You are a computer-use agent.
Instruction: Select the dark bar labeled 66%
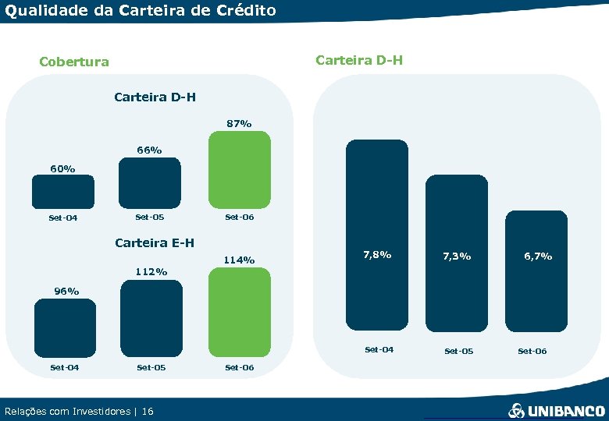coord(149,182)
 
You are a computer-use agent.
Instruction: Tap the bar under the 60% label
coord(63,191)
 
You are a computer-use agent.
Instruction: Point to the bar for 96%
coord(65,327)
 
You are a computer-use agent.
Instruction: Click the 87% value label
coord(239,123)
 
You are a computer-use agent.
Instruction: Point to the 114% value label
coord(239,260)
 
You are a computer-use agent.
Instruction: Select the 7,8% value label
coord(377,255)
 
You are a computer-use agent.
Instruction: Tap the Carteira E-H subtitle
coord(155,242)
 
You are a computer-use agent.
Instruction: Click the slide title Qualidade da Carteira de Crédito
coord(141,10)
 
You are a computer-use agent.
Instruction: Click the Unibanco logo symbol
coord(516,410)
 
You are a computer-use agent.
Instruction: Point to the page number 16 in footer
coord(148,411)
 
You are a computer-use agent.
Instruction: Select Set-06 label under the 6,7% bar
coord(532,351)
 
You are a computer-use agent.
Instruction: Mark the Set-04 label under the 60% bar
coord(62,218)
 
